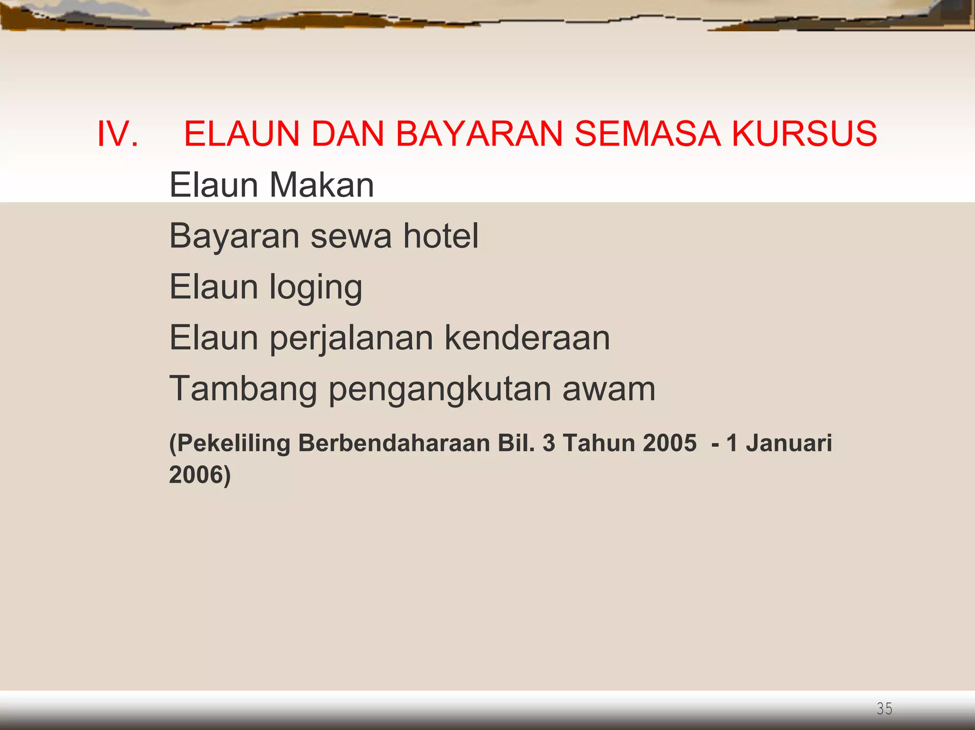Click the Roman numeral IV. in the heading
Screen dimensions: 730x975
(x=118, y=134)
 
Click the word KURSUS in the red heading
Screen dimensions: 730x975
(x=804, y=134)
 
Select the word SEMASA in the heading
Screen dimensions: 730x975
(x=647, y=134)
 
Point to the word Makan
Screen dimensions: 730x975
(x=322, y=185)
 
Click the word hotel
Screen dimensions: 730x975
(x=441, y=236)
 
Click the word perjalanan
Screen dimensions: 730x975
(x=352, y=339)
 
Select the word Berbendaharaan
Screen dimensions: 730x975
(x=394, y=443)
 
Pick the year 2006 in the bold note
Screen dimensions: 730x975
(x=197, y=475)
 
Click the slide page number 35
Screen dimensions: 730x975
(x=884, y=709)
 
